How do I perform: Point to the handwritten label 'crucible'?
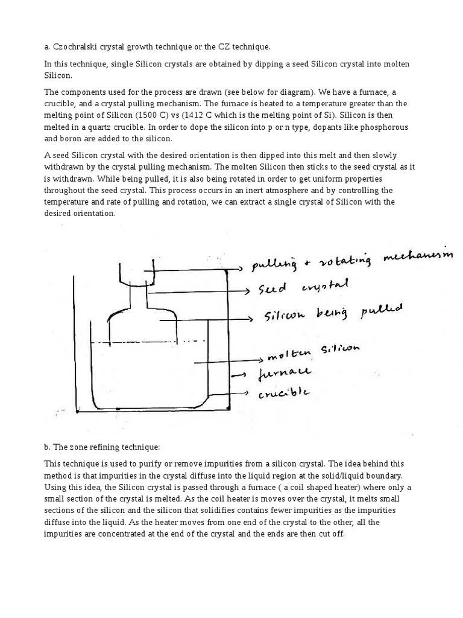pos(284,394)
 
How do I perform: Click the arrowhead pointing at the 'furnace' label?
pos(247,374)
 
